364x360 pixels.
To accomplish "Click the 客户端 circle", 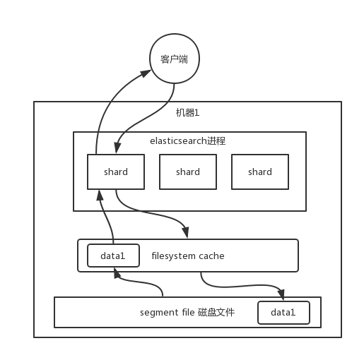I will pyautogui.click(x=174, y=59).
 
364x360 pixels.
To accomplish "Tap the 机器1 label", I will pyautogui.click(x=188, y=113).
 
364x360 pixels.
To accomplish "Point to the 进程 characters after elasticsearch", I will pyautogui.click(x=216, y=140).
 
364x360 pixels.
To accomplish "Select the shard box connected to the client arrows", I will pyautogui.click(x=116, y=172).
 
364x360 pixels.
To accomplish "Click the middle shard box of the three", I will pyautogui.click(x=188, y=172).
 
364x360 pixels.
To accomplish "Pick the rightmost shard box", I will pyautogui.click(x=260, y=172).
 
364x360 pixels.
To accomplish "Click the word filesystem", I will pyautogui.click(x=173, y=256).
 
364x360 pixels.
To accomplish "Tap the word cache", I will pyautogui.click(x=211, y=256).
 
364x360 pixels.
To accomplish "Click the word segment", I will pyautogui.click(x=159, y=312).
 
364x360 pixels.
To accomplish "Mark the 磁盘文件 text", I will pyautogui.click(x=216, y=312).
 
